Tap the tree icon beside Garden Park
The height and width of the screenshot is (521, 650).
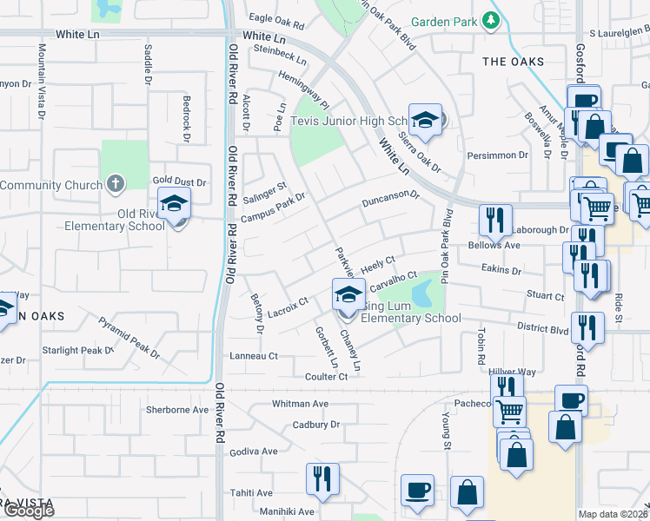coord(493,20)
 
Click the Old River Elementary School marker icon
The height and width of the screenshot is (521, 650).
coord(175,206)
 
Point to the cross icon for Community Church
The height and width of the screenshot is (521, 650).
coord(115,184)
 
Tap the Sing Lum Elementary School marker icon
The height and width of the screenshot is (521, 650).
coord(348,294)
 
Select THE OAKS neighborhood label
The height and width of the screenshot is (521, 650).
coord(513,62)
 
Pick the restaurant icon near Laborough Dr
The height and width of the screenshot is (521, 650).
coord(495,221)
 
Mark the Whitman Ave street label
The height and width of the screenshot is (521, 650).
coord(300,404)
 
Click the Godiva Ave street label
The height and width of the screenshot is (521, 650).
coord(254,452)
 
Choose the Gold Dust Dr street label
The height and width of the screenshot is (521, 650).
coord(180,182)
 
